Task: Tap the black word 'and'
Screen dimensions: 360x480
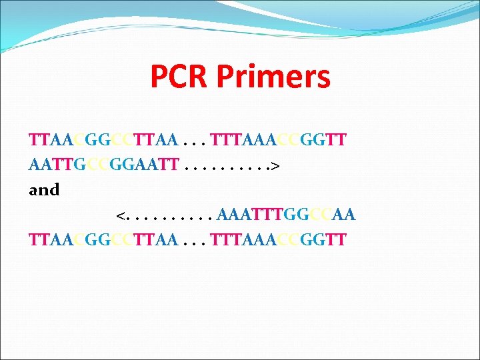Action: coord(44,190)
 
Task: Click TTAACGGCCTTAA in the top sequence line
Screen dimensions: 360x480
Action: coord(103,140)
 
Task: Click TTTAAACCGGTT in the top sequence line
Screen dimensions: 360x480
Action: coord(277,140)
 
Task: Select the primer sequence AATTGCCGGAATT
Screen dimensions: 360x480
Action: coord(103,165)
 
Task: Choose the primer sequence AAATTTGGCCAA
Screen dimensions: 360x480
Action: coord(286,215)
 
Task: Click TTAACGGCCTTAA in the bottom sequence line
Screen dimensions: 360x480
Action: coord(103,239)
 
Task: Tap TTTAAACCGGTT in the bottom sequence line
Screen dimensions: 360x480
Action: coord(277,239)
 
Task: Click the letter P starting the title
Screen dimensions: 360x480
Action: coord(159,77)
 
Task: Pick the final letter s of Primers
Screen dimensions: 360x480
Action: coord(323,78)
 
